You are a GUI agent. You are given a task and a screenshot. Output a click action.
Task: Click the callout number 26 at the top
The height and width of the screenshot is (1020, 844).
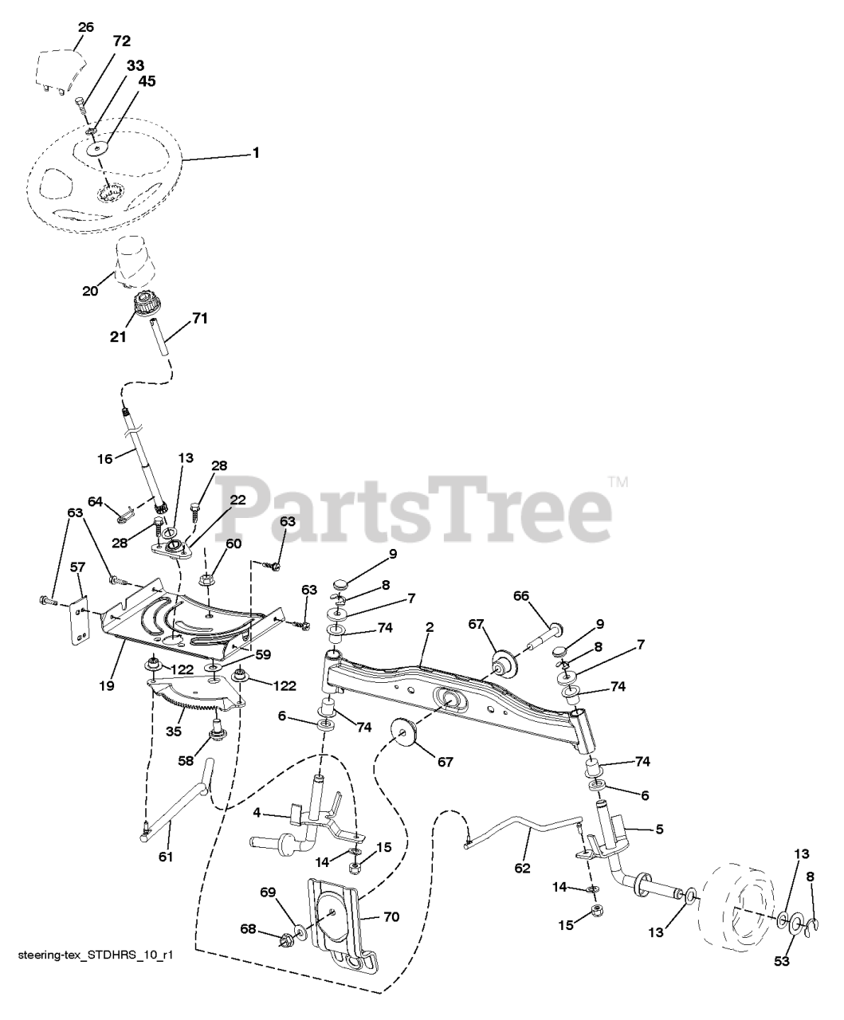tap(85, 27)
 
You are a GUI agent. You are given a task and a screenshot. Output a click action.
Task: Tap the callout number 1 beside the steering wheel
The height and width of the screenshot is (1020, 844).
tap(255, 153)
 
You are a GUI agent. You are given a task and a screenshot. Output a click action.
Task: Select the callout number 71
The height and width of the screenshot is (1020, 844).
tap(200, 319)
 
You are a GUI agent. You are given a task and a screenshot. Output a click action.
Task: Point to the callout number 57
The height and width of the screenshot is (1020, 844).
tap(77, 567)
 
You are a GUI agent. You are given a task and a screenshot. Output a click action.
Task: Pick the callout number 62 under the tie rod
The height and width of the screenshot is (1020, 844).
tap(523, 868)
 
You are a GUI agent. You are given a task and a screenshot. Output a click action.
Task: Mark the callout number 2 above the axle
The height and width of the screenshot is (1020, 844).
tap(429, 627)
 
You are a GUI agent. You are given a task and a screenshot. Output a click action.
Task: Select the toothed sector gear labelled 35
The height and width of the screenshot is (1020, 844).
tap(195, 694)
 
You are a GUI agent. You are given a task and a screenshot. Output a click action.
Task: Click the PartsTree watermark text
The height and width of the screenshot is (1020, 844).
tap(413, 508)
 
